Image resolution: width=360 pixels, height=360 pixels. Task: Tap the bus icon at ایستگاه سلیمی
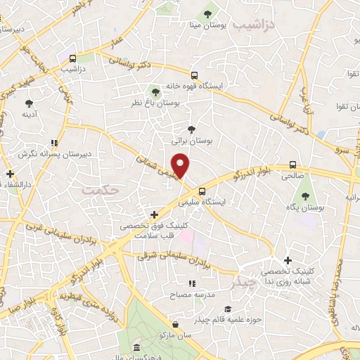[x=202, y=191]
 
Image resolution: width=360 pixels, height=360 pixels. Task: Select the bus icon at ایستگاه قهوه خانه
[x=195, y=75]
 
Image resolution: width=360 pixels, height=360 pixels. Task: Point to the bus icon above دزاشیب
[x=74, y=58]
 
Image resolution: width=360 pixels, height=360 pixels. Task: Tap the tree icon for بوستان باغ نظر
[x=155, y=91]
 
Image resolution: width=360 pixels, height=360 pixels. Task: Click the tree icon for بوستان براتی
[x=191, y=129]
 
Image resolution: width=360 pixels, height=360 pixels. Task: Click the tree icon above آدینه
[x=29, y=103]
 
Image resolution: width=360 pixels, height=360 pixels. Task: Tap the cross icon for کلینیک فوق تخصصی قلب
[x=155, y=214]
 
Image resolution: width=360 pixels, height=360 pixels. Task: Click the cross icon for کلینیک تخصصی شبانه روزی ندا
[x=288, y=260]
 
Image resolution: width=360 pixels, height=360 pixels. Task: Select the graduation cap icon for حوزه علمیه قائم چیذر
[x=226, y=309]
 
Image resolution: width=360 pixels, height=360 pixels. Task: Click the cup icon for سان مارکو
[x=174, y=325]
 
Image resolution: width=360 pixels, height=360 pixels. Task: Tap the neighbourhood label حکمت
[x=96, y=191]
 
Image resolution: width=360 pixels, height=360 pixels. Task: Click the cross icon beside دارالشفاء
[x=10, y=174]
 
